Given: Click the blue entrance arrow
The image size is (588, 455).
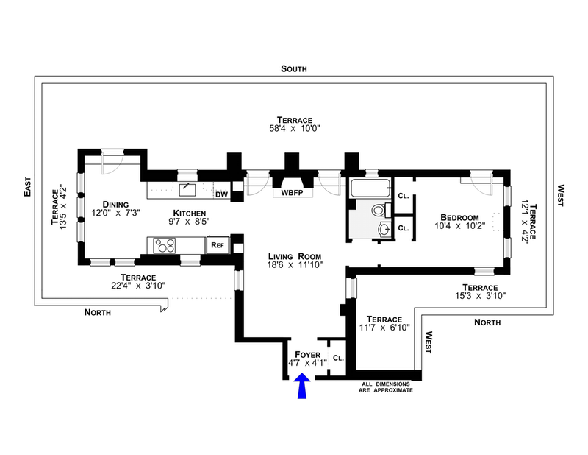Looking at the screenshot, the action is (302, 386).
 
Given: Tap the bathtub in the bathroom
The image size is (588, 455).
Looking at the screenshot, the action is (370, 188).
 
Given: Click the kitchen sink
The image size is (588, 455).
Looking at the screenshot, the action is (187, 190).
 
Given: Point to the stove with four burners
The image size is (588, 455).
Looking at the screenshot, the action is (164, 246).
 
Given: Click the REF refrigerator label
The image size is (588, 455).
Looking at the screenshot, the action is (218, 245).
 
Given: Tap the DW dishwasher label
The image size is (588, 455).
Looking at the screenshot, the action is (222, 194).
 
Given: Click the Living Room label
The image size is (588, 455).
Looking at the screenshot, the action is (295, 257).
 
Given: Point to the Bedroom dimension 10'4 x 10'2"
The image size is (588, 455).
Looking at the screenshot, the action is (460, 226).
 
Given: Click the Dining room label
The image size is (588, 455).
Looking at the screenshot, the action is (115, 205).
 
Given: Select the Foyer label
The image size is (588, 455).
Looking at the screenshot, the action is (307, 355).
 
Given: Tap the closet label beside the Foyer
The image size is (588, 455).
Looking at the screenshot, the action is (338, 358).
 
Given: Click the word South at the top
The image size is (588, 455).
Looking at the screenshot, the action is (294, 68).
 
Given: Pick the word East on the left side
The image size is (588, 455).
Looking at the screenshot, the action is (27, 187).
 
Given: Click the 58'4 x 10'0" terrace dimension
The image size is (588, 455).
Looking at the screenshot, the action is (295, 129).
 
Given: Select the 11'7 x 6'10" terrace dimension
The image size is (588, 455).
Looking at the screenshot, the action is (384, 328).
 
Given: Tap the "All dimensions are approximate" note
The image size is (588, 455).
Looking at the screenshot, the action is (385, 387).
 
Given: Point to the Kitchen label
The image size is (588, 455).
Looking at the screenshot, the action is (190, 214).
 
